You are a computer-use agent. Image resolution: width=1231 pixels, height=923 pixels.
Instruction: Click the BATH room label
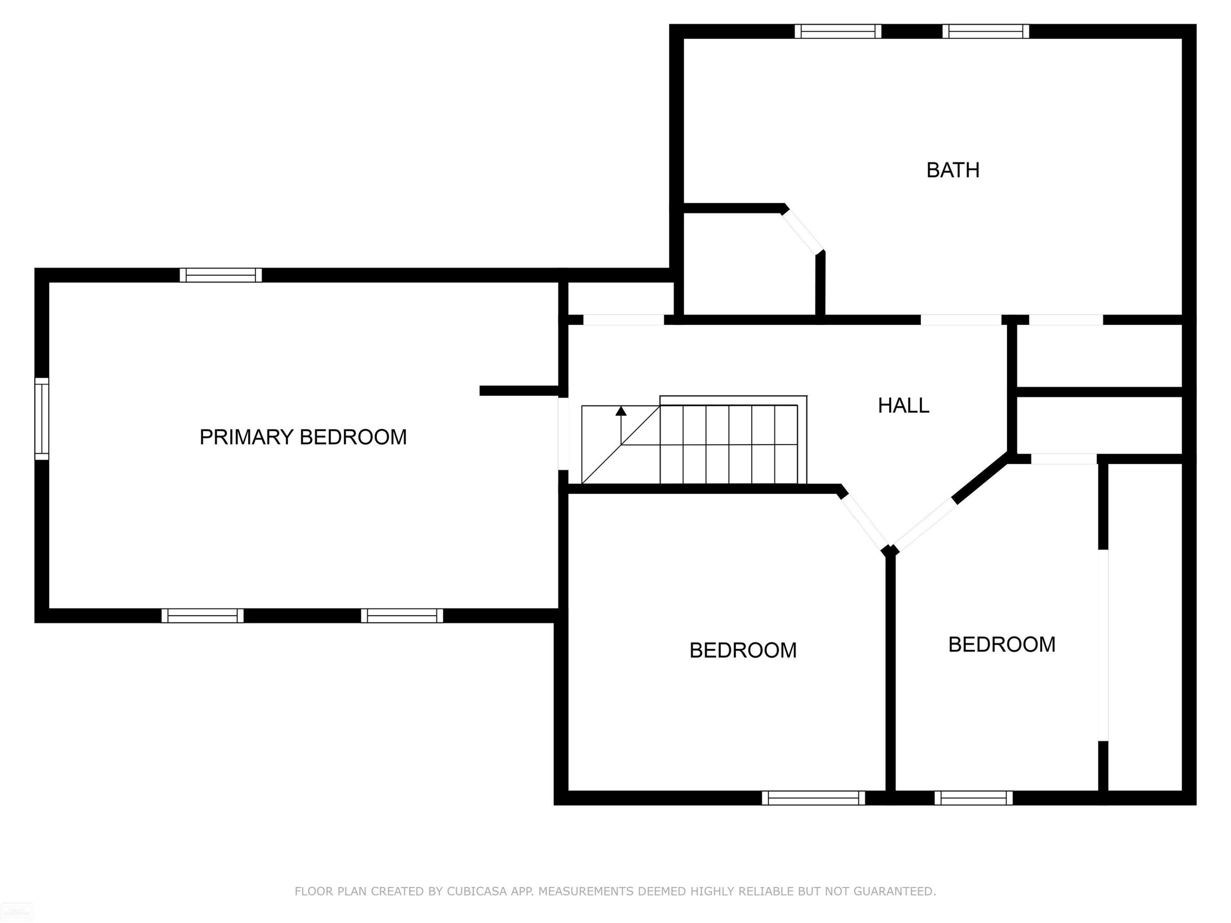pyautogui.click(x=953, y=170)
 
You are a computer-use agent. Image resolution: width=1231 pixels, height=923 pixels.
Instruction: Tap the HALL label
pyautogui.click(x=903, y=406)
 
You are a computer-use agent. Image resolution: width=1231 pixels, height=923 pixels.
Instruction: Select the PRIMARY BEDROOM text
pyautogui.click(x=303, y=437)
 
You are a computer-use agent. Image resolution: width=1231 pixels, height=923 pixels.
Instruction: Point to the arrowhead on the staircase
pyautogui.click(x=621, y=411)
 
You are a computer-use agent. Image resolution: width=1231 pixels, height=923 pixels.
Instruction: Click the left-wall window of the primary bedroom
pyautogui.click(x=42, y=419)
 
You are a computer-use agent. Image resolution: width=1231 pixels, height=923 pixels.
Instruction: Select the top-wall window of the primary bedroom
pyautogui.click(x=221, y=275)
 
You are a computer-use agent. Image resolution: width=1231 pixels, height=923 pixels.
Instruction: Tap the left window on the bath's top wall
pyautogui.click(x=838, y=31)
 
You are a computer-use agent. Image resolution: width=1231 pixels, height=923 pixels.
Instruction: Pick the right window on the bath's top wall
pyautogui.click(x=986, y=31)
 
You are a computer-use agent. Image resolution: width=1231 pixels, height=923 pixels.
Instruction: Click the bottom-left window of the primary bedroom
pyautogui.click(x=203, y=616)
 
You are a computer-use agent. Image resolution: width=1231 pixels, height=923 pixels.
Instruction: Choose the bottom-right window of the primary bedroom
pyautogui.click(x=403, y=616)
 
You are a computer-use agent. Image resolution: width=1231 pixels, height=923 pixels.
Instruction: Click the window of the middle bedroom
pyautogui.click(x=814, y=798)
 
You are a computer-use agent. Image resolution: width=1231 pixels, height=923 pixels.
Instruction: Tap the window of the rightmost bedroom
pyautogui.click(x=974, y=798)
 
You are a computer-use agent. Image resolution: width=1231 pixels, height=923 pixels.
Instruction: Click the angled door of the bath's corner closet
pyautogui.click(x=802, y=233)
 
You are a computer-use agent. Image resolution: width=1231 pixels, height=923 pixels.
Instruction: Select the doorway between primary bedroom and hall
pyautogui.click(x=563, y=434)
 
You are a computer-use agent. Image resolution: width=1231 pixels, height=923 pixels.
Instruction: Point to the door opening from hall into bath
pyautogui.click(x=961, y=320)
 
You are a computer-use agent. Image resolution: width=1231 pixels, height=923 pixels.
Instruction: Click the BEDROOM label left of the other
pyautogui.click(x=743, y=650)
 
